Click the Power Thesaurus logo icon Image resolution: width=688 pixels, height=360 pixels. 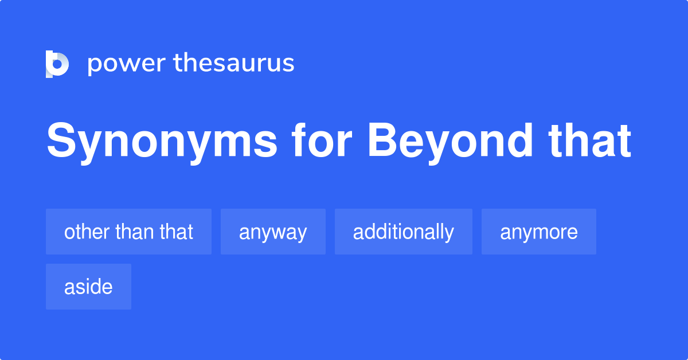(57, 64)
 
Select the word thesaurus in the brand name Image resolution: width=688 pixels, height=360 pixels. (234, 63)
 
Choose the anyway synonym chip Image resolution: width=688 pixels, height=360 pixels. (273, 232)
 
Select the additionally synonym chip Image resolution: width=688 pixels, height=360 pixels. (403, 232)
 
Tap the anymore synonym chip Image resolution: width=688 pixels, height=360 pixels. (538, 232)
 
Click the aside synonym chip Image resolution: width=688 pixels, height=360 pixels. (88, 287)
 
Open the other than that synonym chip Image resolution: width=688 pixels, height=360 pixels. (128, 232)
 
